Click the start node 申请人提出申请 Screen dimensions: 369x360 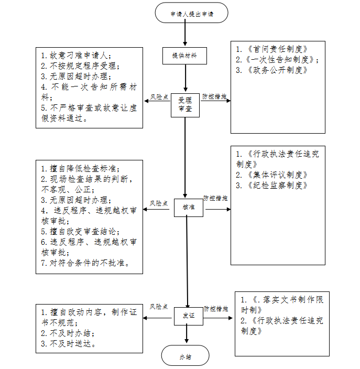[191, 13]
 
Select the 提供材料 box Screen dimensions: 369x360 [184, 55]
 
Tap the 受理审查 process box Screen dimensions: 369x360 [185, 103]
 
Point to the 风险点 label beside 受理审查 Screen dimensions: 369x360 [159, 97]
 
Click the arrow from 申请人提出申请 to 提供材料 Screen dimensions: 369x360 [185, 35]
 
